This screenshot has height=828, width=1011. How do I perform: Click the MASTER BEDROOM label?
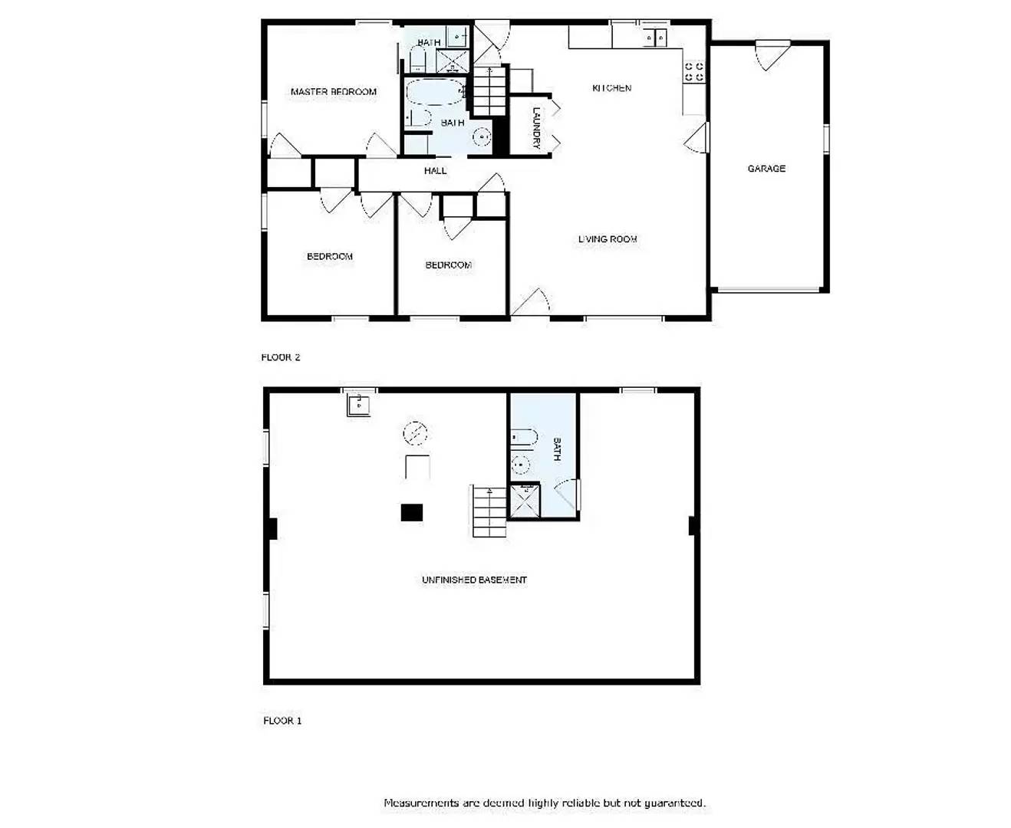coord(333,92)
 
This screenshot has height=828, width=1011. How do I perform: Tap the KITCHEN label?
coord(611,88)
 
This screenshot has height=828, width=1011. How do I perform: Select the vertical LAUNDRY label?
coord(537,127)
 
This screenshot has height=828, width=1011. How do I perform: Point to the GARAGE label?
coord(766,169)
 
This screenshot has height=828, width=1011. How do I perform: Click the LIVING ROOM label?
coord(607,239)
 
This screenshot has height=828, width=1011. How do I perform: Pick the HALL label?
coord(435,171)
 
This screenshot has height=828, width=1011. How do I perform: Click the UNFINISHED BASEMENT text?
coord(473,580)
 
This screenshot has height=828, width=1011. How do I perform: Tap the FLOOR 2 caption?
coord(280,357)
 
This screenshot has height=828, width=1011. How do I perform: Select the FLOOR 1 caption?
coord(282,721)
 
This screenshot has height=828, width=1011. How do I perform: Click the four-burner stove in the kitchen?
coord(693,72)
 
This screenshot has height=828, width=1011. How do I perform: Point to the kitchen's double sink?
coord(654,37)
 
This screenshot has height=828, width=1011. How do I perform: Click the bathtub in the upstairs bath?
coord(434,93)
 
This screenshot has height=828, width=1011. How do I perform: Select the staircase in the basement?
coord(489,511)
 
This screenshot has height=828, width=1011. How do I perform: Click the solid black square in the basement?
coord(412,512)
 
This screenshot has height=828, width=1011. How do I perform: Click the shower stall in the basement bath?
coord(525,501)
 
